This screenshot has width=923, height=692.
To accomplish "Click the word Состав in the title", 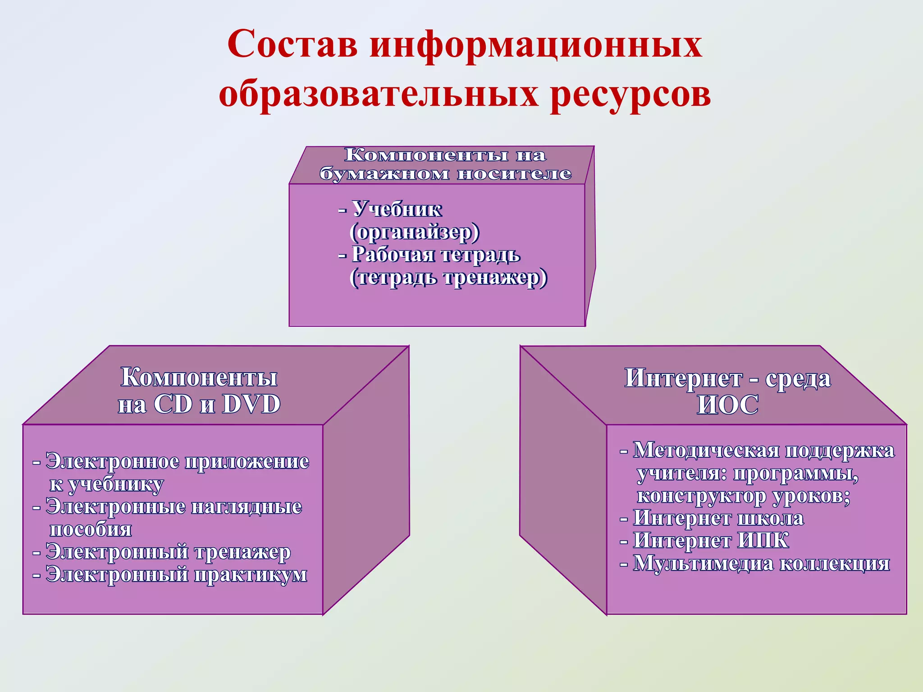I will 292,45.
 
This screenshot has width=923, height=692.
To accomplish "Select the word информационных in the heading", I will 536,45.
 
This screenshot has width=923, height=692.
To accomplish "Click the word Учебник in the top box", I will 397,209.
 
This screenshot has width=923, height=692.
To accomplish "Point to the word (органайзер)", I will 415,232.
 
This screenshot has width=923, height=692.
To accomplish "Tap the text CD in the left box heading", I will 173,404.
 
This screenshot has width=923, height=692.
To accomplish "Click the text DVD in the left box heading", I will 251,404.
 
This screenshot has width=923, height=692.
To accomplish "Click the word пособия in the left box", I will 91,529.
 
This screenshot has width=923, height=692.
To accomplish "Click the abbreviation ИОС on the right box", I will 727,405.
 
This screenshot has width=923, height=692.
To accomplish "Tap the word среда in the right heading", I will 798,378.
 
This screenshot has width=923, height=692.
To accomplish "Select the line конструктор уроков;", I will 743,496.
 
